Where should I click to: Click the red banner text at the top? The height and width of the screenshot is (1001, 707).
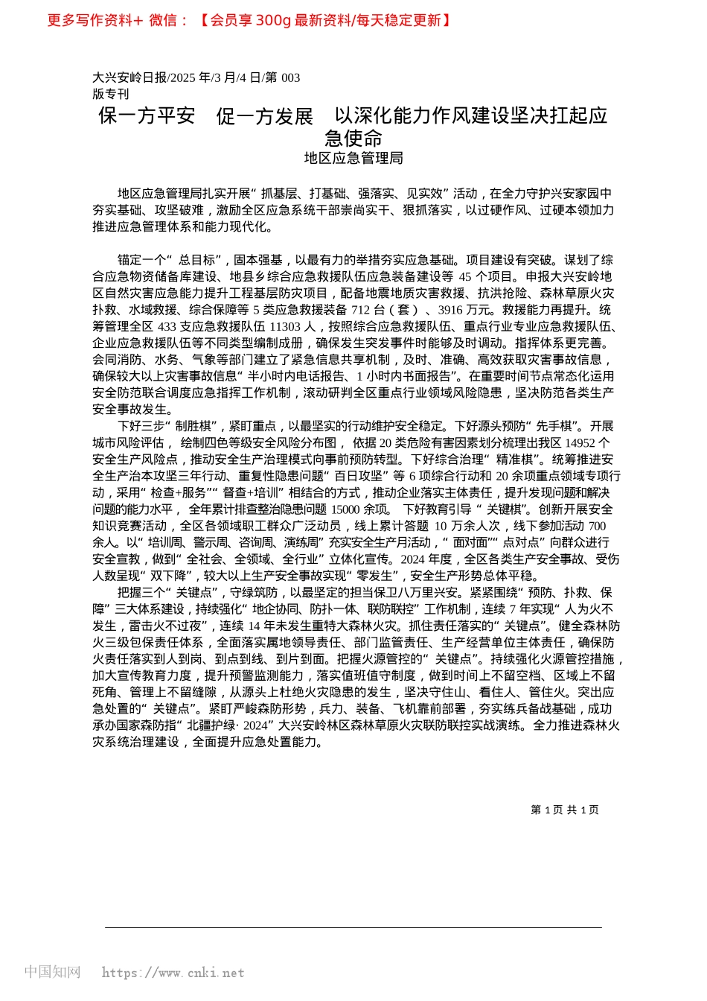click(x=249, y=21)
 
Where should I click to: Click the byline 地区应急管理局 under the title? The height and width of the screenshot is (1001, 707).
click(x=353, y=158)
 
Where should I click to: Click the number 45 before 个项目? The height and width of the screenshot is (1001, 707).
click(x=476, y=276)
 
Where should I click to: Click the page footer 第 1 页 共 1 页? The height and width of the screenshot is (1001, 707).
click(x=564, y=810)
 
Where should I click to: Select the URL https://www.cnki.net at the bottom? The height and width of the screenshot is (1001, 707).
click(x=173, y=973)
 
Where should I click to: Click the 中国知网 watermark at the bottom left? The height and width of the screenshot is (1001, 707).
click(x=52, y=971)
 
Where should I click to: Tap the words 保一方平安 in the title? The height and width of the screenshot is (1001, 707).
click(x=147, y=116)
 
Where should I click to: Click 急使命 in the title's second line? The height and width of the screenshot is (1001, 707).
click(x=353, y=138)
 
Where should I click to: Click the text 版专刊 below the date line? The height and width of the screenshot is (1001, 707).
click(x=111, y=94)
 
